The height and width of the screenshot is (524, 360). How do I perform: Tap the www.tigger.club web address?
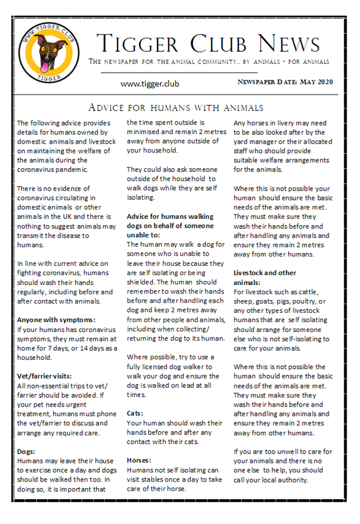point(149,84)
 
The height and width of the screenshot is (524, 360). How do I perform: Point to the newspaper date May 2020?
point(286,82)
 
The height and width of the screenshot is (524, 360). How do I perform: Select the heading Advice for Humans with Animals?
point(176,108)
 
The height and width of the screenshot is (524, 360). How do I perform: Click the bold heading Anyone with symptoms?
point(56,319)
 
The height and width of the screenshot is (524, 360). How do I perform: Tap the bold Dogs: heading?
point(27,451)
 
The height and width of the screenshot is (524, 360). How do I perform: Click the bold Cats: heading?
point(136,412)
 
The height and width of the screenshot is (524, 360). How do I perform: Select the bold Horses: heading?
point(140,459)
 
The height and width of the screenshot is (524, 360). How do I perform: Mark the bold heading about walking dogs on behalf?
point(166,226)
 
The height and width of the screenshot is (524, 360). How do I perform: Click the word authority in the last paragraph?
point(291,480)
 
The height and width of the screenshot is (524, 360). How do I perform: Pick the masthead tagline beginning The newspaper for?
point(208,62)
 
